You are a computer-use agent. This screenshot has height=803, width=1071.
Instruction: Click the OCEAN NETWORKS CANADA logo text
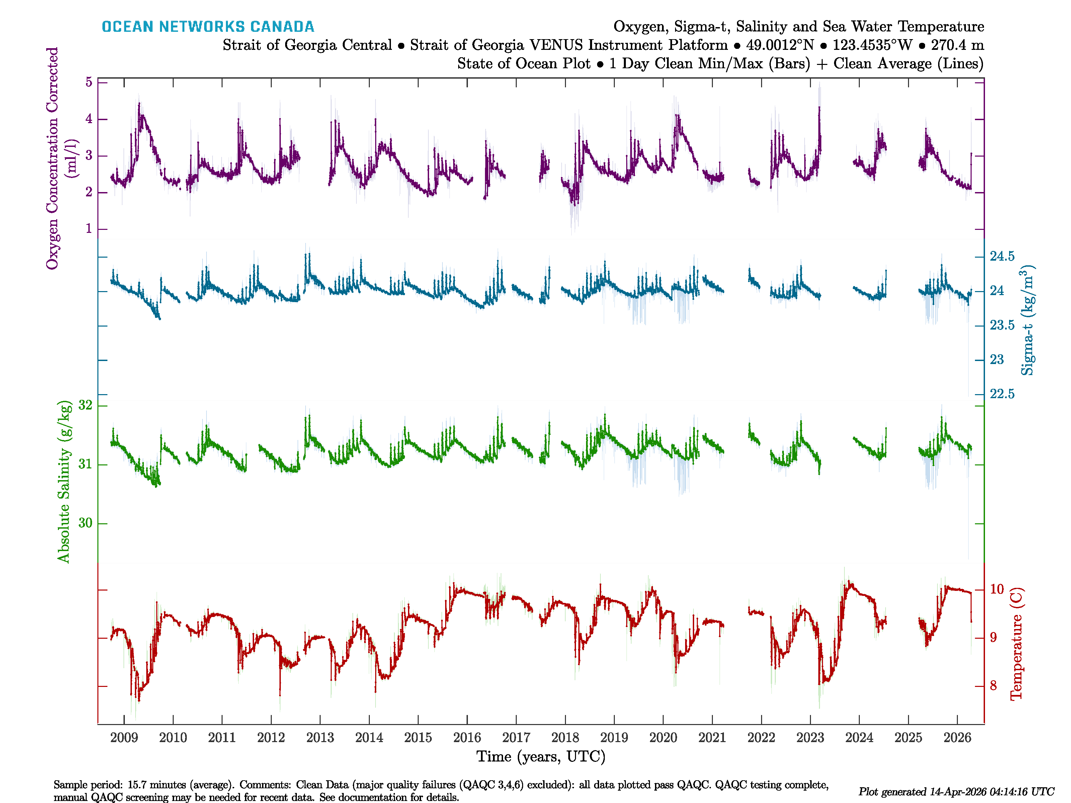point(208,27)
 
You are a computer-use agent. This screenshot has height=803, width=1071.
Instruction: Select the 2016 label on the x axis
point(467,738)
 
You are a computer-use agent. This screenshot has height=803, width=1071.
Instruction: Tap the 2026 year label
point(957,738)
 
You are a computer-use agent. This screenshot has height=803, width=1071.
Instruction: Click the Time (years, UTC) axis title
point(541,756)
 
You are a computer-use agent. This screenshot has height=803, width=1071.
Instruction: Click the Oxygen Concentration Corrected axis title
point(52,158)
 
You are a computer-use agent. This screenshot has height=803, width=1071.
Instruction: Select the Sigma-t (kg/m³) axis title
point(1027,320)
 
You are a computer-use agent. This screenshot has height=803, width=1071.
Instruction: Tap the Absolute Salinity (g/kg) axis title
point(64,481)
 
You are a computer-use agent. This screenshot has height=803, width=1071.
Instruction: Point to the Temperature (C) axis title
point(1016,644)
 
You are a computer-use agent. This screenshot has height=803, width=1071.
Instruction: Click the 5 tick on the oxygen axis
point(89,82)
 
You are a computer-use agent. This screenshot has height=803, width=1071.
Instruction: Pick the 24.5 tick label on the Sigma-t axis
point(1002,257)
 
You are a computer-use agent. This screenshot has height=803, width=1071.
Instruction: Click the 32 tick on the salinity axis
point(85,405)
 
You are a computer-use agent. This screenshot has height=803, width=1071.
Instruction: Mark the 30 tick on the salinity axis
point(85,523)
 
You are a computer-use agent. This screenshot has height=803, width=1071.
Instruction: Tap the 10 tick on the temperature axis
point(996,589)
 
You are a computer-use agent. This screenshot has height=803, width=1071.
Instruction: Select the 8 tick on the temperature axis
point(994,686)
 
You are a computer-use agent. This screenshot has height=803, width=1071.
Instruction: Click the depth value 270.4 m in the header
point(957,45)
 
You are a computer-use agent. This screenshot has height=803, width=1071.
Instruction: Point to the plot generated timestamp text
point(956,792)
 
